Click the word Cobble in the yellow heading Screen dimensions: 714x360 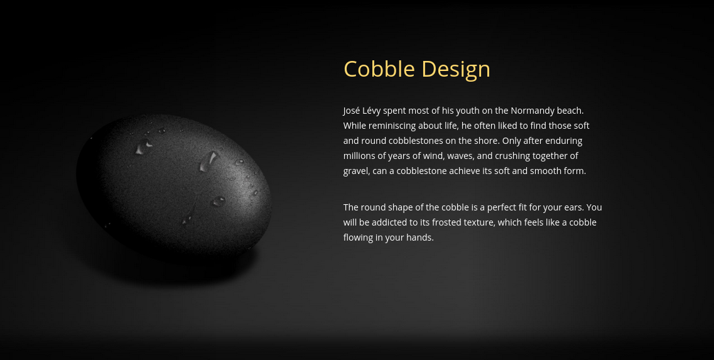tap(379, 69)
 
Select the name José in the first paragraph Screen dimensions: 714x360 tap(352, 111)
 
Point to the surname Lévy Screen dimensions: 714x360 tap(371, 111)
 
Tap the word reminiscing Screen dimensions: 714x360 tap(392, 126)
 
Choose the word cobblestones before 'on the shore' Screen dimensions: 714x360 tap(417, 140)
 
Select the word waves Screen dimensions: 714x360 tap(461, 156)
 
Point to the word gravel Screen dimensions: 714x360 tap(357, 171)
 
